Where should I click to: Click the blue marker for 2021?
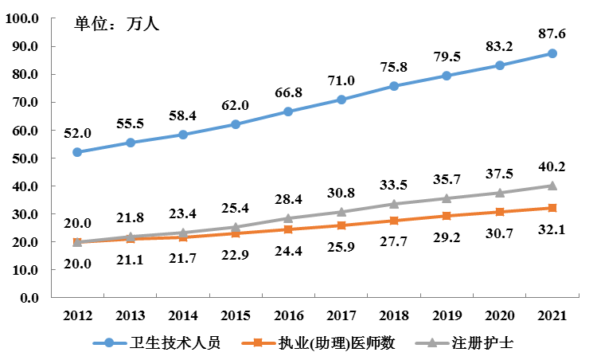pos(552,53)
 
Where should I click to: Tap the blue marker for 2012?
pos(77,152)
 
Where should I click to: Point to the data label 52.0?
pos(77,133)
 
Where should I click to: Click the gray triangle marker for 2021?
pos(552,186)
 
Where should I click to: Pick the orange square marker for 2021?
pos(552,208)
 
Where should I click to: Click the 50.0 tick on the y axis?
pos(25,158)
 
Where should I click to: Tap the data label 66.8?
pos(288,93)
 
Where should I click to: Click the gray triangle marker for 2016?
pos(288,217)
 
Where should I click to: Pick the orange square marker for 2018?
pos(394,221)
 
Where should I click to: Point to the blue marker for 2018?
pos(394,86)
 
